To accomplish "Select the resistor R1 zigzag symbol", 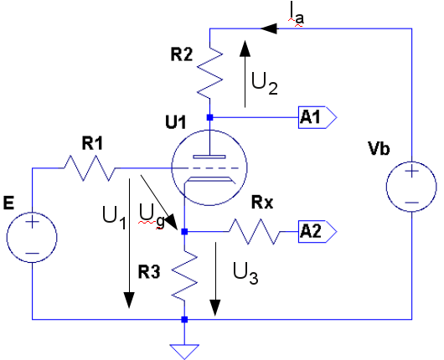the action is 90,168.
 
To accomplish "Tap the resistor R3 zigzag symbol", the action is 184,276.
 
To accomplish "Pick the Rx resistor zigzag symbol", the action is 254,232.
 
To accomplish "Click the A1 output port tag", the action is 318,117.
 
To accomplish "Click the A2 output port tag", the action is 318,232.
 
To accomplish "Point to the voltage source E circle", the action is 32,237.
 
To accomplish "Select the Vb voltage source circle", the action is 411,187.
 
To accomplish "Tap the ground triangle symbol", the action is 184,352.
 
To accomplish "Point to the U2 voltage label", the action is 265,84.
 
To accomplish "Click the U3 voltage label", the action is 245,273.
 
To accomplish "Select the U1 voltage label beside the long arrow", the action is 114,218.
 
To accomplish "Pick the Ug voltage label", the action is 152,218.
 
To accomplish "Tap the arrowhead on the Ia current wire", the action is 268,28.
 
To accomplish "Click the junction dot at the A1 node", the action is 209,117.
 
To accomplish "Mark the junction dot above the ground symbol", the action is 184,320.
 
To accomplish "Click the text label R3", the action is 149,272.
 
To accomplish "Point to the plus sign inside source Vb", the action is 411,172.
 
